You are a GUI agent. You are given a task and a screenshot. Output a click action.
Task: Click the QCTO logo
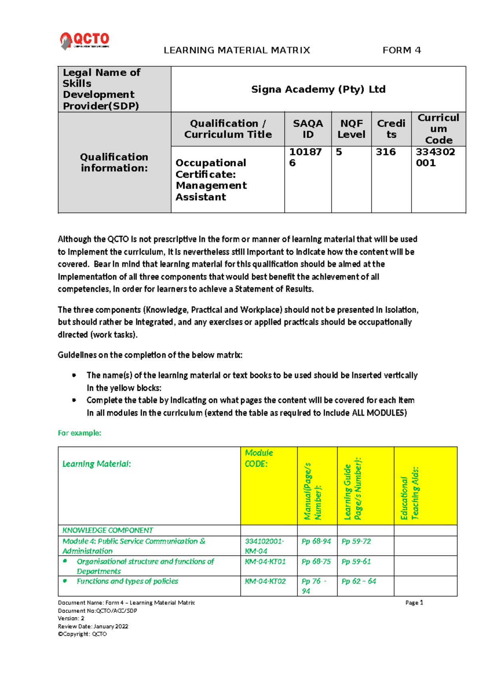point(85,40)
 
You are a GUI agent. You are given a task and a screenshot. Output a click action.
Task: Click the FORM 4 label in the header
point(402,50)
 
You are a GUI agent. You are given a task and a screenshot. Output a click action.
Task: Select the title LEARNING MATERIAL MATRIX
point(237,50)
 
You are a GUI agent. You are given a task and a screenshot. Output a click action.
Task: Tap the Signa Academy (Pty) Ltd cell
point(318,89)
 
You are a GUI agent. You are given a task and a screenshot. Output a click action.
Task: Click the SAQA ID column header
point(308,129)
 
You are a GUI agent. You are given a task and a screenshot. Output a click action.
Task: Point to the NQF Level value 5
point(339,152)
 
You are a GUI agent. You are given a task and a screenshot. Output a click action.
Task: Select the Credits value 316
point(386,152)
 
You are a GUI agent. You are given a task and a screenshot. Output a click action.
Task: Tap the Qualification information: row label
point(114,162)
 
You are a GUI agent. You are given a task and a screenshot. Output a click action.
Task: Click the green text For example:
point(79,433)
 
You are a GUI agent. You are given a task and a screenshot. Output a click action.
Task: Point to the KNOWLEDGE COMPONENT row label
point(108,530)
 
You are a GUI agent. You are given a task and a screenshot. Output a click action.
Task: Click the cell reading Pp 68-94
point(316,541)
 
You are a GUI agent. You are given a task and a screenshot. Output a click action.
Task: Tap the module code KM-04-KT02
point(265,581)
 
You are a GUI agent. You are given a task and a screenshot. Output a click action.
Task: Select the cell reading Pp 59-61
point(356,561)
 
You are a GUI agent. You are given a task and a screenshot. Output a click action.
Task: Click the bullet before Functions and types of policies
point(65,581)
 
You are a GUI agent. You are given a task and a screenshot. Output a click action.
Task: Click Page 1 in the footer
point(414,603)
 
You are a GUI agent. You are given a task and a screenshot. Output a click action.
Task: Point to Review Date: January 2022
point(93,626)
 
